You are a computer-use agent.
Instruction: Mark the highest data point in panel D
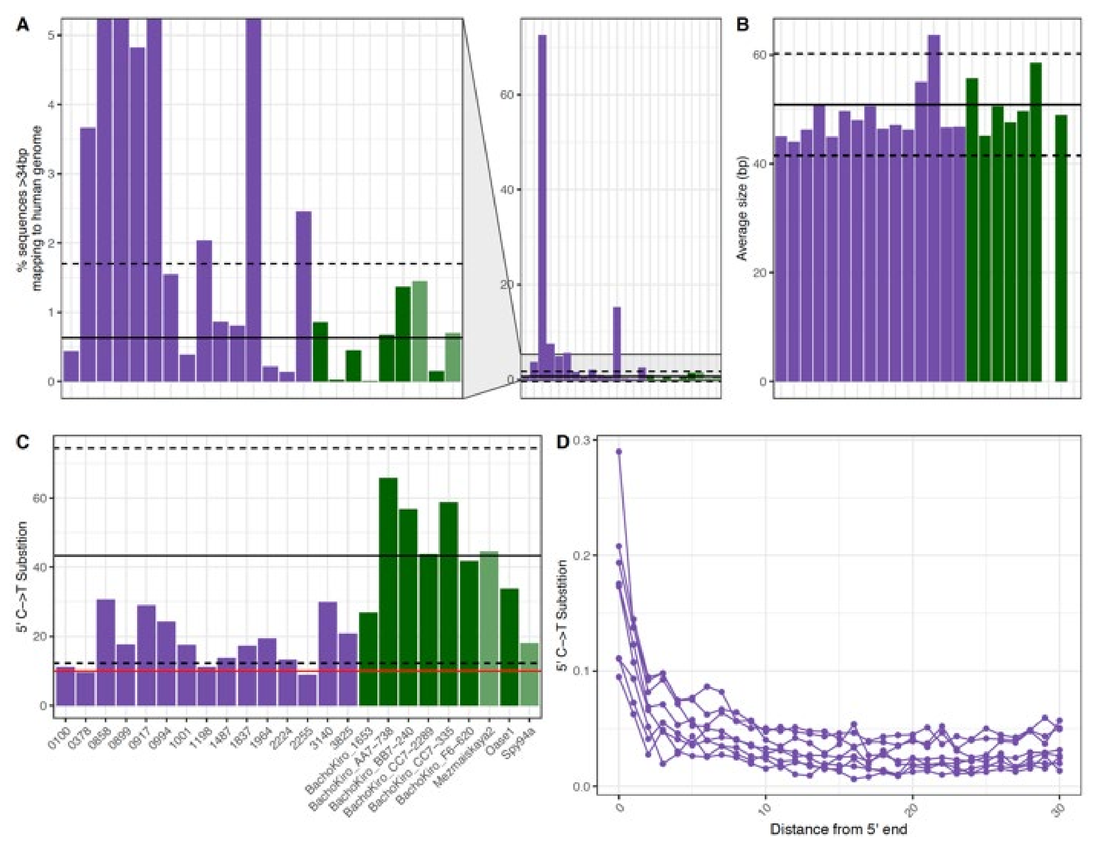pyautogui.click(x=619, y=452)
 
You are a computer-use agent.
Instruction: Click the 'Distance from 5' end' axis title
pyautogui.click(x=838, y=829)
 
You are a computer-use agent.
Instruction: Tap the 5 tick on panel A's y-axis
pyautogui.click(x=51, y=35)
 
